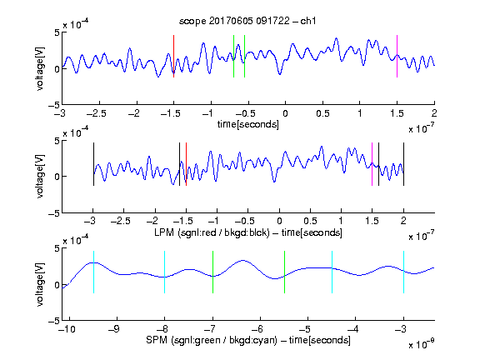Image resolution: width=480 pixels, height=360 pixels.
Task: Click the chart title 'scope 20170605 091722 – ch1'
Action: point(247,21)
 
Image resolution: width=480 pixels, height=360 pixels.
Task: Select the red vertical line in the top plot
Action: point(174,56)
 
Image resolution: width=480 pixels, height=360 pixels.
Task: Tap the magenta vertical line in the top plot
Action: point(397,56)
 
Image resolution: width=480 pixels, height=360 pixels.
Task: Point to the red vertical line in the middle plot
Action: point(186,164)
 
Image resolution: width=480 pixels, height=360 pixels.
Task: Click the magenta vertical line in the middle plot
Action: point(372,164)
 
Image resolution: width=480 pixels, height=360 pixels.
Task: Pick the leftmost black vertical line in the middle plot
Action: point(93,164)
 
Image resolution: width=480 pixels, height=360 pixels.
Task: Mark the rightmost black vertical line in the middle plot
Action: point(403,164)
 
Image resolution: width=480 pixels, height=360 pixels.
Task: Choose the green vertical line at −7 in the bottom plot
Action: point(212,272)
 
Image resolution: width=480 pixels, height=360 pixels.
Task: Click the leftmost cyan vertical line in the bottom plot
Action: point(93,272)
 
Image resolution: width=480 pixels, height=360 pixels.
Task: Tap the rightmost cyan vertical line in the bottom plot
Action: point(403,272)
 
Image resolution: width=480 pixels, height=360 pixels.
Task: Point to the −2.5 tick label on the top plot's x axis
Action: point(96,113)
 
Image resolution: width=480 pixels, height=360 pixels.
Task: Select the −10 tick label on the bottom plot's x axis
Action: point(67,329)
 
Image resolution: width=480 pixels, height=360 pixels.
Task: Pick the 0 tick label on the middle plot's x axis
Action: point(279,221)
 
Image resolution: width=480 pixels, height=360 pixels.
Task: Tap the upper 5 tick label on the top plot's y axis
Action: point(57,32)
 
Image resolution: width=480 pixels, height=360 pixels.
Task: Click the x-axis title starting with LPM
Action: point(248,232)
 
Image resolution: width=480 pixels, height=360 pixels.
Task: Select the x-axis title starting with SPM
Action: point(248,340)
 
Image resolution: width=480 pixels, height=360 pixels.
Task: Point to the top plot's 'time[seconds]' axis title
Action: point(248,124)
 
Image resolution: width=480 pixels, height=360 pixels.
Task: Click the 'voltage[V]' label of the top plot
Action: point(40,68)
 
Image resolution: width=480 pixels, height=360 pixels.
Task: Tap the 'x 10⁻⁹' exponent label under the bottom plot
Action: point(421,344)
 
